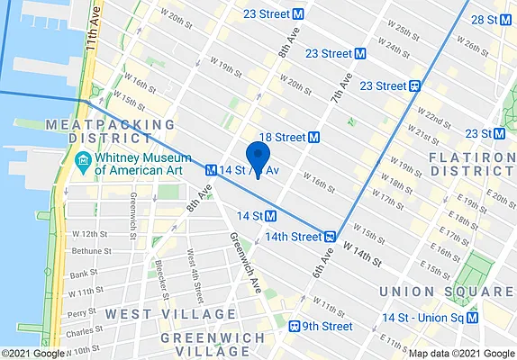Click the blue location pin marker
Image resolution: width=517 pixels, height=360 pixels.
[x=258, y=157]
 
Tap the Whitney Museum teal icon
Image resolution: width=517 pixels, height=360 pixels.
[x=83, y=161]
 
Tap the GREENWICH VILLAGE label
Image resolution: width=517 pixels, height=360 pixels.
[x=213, y=345]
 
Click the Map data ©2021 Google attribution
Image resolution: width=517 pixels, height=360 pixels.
[x=460, y=354]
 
